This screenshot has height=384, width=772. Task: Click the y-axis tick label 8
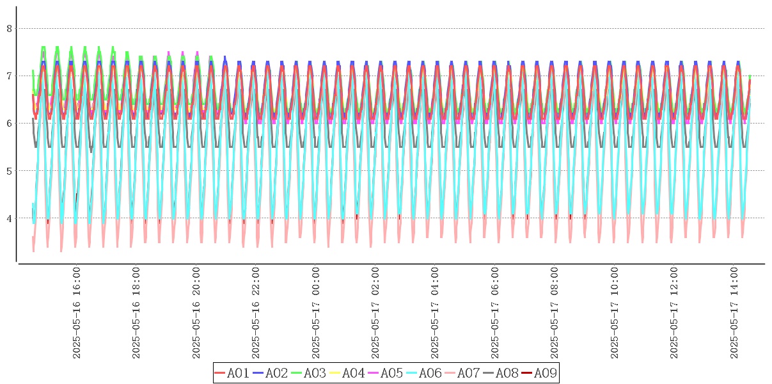click(x=9, y=28)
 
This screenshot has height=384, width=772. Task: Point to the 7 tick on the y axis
click(x=9, y=76)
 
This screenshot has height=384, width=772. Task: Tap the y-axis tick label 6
click(x=9, y=123)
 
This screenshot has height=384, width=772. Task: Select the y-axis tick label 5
click(x=9, y=170)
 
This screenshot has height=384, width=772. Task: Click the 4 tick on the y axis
click(x=9, y=218)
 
